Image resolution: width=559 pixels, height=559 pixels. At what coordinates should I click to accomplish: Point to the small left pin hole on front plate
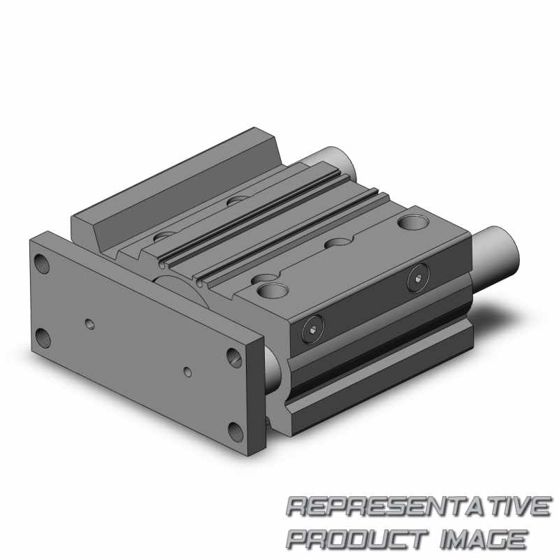tap(89, 324)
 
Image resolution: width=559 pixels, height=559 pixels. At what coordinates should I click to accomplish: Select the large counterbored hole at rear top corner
tap(410, 224)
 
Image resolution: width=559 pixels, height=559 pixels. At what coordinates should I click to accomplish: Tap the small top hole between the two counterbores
tap(339, 242)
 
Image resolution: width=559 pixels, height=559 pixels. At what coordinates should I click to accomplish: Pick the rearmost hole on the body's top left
tap(238, 201)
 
